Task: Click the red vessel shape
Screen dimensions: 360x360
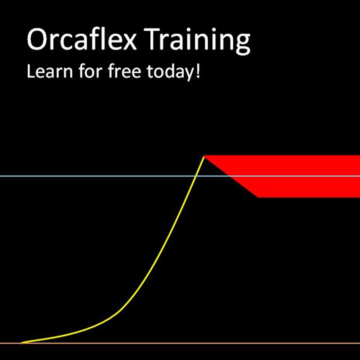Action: tap(304, 176)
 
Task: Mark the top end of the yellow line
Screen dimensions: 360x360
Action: tap(204, 156)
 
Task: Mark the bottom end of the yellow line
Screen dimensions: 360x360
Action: tap(22, 342)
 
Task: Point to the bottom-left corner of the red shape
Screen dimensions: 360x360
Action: tap(258, 197)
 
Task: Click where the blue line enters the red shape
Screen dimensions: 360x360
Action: tap(230, 176)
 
